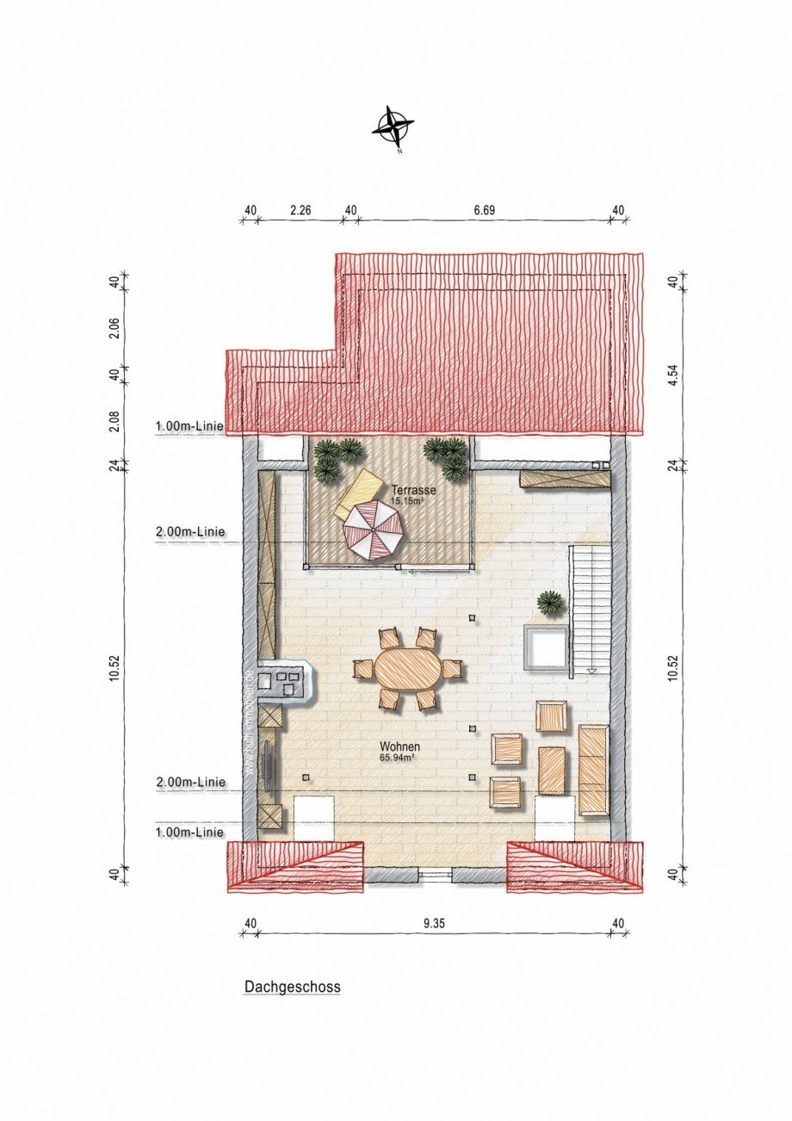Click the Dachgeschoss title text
(292, 988)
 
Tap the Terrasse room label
(410, 489)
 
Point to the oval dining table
(408, 668)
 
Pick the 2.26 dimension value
(300, 209)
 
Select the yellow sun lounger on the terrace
(360, 493)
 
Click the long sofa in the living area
(593, 769)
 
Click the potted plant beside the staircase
(549, 602)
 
